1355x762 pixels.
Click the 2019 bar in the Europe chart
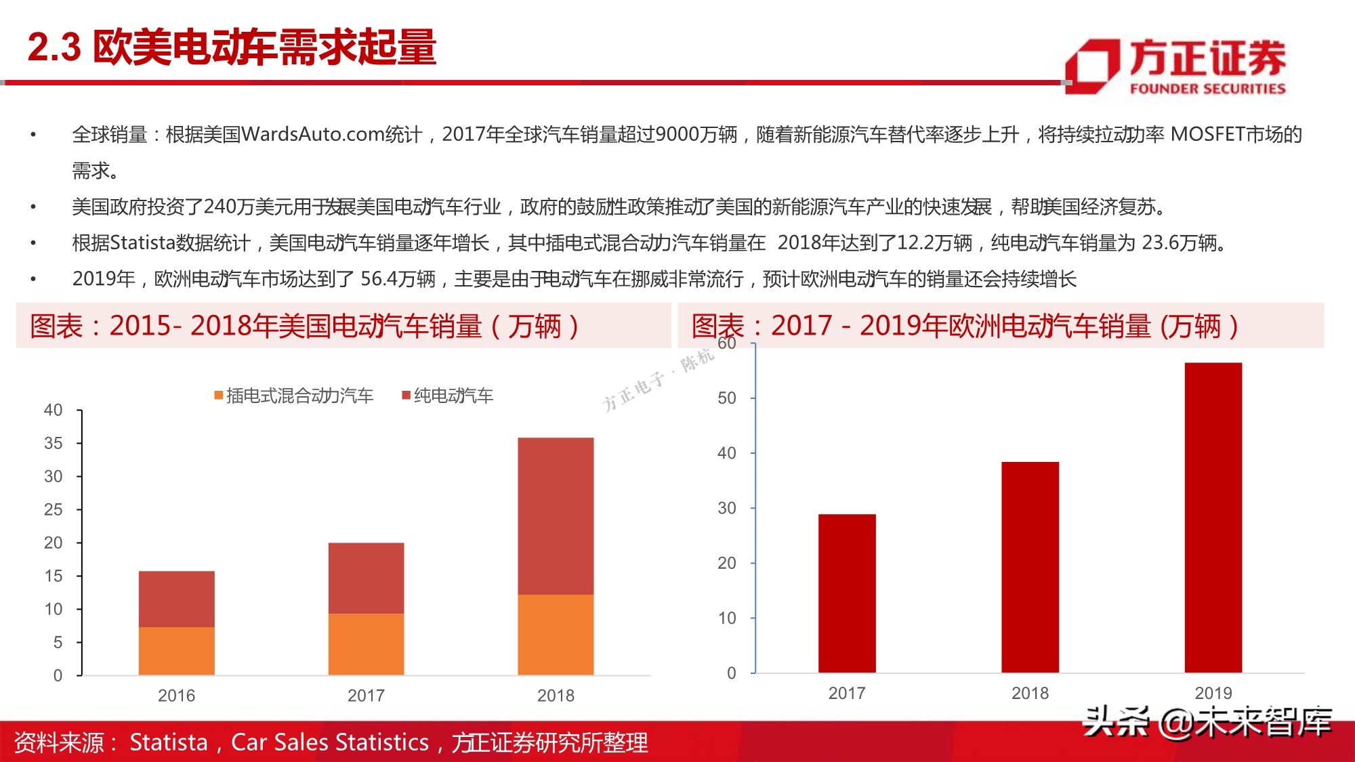(1213, 518)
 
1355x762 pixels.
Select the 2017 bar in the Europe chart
(847, 593)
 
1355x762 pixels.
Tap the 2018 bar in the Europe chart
(1030, 568)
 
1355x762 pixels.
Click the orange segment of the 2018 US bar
(556, 635)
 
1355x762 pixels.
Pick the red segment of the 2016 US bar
(177, 599)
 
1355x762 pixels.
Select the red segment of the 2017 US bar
(366, 578)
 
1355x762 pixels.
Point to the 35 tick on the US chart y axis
(54, 443)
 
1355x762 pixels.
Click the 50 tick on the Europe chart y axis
(726, 398)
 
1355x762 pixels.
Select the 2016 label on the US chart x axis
(176, 696)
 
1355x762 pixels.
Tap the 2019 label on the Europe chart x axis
(1213, 693)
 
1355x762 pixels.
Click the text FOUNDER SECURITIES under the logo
(1207, 89)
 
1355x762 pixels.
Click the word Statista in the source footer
(168, 742)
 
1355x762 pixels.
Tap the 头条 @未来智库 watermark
(1207, 722)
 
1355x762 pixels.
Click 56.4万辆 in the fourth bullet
(398, 278)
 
